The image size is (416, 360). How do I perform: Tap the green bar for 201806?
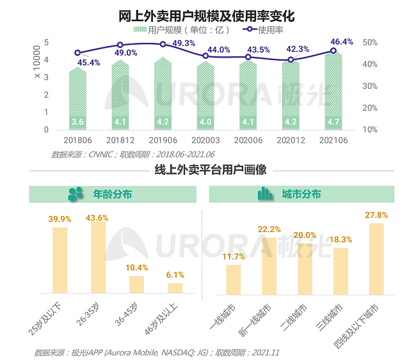click(77, 96)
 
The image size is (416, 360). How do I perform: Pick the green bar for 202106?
click(333, 90)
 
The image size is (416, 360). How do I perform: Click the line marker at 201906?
click(163, 44)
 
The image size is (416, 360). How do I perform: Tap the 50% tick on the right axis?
click(370, 42)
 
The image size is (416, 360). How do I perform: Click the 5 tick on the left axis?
click(47, 42)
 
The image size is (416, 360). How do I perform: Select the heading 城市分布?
click(301, 194)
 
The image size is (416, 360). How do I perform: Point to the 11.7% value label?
click(234, 257)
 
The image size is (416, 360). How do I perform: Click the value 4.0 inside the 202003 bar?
click(205, 122)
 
